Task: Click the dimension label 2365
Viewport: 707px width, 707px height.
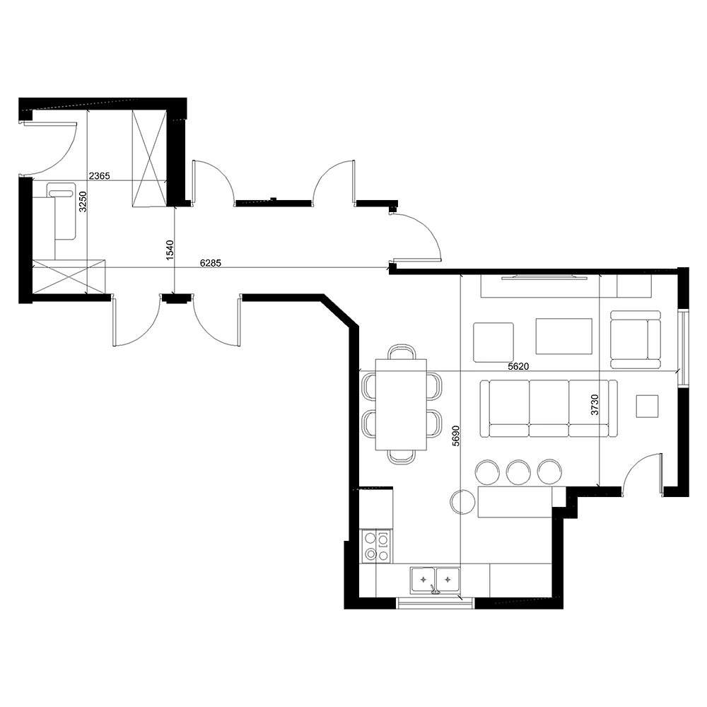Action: (x=99, y=176)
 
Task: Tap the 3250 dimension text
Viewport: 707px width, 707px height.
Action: (x=82, y=201)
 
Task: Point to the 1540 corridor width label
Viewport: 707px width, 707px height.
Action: (x=170, y=250)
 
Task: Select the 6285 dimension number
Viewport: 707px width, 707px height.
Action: (x=211, y=263)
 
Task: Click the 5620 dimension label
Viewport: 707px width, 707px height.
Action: (x=518, y=366)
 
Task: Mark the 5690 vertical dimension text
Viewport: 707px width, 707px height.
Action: (x=456, y=436)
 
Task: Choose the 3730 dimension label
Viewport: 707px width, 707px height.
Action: (x=595, y=404)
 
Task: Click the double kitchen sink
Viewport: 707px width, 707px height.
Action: (x=435, y=580)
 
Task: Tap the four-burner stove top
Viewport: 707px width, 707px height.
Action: (x=377, y=547)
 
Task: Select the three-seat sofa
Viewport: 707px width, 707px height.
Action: (x=549, y=409)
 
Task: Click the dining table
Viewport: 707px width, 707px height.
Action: (x=401, y=404)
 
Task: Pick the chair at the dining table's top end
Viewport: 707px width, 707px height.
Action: (x=402, y=351)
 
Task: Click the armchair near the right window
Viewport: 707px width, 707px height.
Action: (x=635, y=339)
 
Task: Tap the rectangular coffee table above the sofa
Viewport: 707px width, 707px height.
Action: (x=563, y=337)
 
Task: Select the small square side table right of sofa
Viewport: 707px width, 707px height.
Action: (x=647, y=406)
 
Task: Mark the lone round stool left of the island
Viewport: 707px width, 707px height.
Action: (x=462, y=502)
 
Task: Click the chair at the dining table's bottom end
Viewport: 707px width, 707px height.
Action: (x=402, y=457)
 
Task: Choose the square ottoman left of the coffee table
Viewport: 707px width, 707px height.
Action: (x=493, y=341)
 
